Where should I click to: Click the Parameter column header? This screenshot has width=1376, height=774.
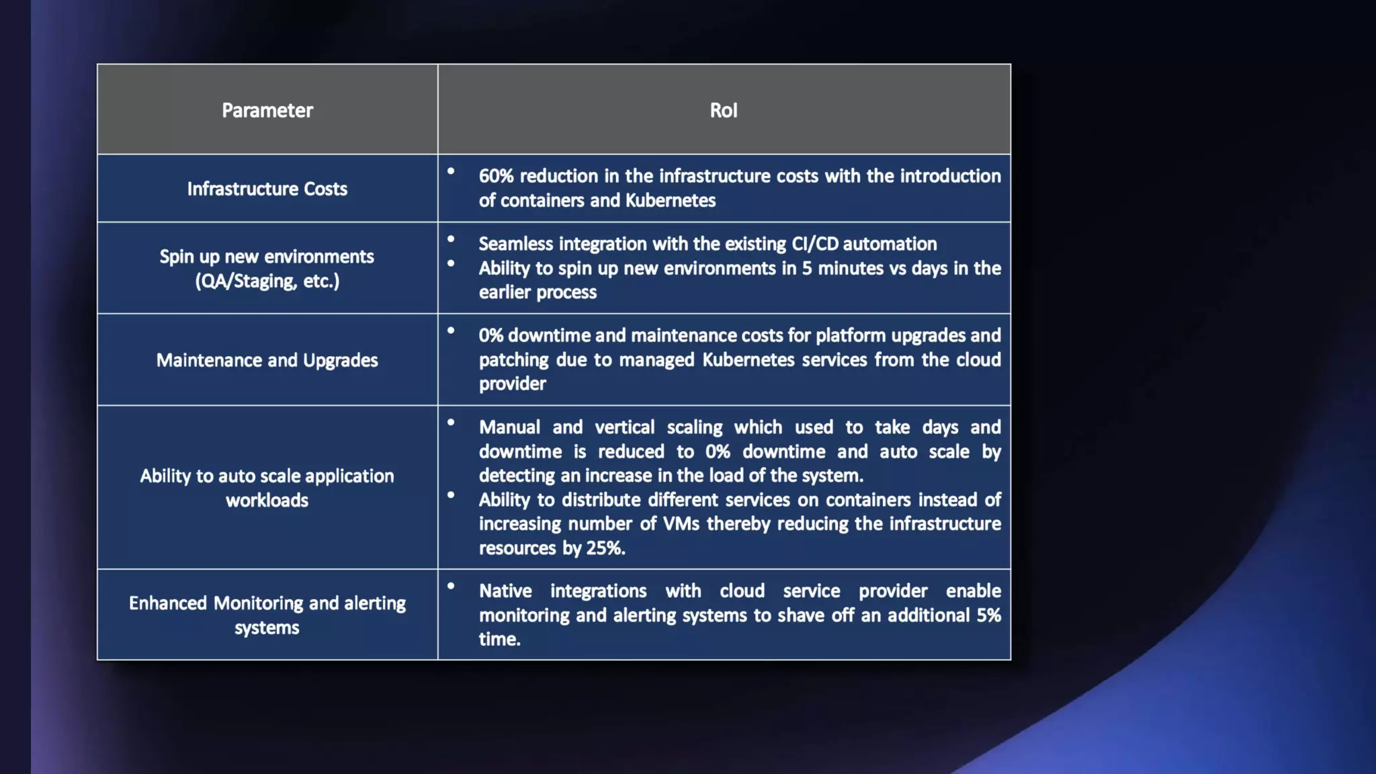click(x=267, y=110)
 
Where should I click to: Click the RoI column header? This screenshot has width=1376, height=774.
click(x=724, y=110)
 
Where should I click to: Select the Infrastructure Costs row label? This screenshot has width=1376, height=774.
click(x=267, y=189)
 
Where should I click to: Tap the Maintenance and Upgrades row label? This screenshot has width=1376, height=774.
click(x=267, y=360)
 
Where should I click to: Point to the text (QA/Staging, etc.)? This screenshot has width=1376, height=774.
click(x=267, y=281)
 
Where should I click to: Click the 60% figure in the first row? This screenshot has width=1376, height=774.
click(x=496, y=176)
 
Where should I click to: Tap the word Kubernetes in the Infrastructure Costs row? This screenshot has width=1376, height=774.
click(x=670, y=200)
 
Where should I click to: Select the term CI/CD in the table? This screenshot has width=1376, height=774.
click(x=814, y=244)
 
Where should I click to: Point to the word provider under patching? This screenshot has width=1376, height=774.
click(x=512, y=384)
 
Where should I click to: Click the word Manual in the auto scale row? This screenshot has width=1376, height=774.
click(x=509, y=427)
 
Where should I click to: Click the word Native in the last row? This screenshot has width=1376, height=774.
click(x=505, y=591)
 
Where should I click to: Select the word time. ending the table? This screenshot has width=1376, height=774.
click(x=500, y=639)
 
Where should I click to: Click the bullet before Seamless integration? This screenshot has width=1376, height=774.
click(x=451, y=239)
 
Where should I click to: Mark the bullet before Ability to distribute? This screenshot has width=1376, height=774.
click(x=451, y=495)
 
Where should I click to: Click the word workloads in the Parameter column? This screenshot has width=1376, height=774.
click(x=267, y=501)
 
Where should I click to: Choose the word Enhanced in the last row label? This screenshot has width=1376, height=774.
click(x=168, y=603)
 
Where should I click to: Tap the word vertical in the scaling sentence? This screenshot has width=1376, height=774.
click(x=624, y=427)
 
